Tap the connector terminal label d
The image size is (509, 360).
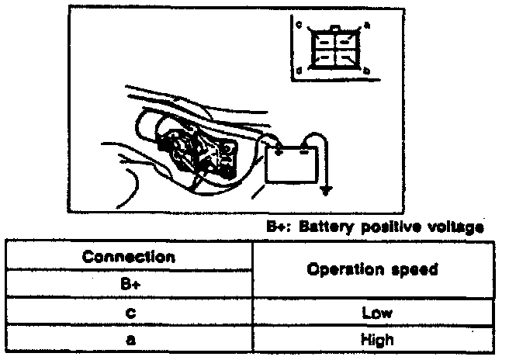[299, 71]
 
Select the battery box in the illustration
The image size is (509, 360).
[292, 163]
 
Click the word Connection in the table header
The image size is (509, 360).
[129, 256]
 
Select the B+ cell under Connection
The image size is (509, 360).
[129, 284]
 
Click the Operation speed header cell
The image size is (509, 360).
[372, 270]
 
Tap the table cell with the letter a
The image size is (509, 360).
[129, 340]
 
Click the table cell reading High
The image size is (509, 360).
[372, 340]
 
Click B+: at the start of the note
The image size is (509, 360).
[277, 227]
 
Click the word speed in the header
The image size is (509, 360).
[407, 270]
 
